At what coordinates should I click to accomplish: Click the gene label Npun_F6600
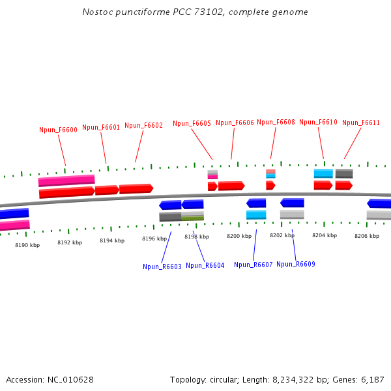point(59,130)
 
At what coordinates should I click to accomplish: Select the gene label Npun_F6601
point(101,127)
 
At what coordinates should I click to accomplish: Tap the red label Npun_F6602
point(143,125)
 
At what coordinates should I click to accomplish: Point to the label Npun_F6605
point(192,123)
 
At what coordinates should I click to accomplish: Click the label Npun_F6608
point(276,122)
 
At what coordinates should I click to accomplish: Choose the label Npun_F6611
point(361,123)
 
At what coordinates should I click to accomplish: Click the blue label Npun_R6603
point(162,267)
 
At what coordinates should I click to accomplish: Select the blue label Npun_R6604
point(205,265)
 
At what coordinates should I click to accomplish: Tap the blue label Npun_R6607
point(253,265)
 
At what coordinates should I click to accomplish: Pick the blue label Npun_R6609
point(296,264)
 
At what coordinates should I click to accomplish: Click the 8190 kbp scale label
point(27,245)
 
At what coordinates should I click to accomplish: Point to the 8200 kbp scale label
point(239,236)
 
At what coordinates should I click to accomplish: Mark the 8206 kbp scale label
point(367,235)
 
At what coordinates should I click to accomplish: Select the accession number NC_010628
point(70,379)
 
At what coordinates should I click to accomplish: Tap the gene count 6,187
point(371,379)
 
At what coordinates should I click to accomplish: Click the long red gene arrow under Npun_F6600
point(66,192)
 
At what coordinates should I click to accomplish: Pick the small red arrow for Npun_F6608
point(270,186)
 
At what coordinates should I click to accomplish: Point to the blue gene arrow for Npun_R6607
point(256,203)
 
